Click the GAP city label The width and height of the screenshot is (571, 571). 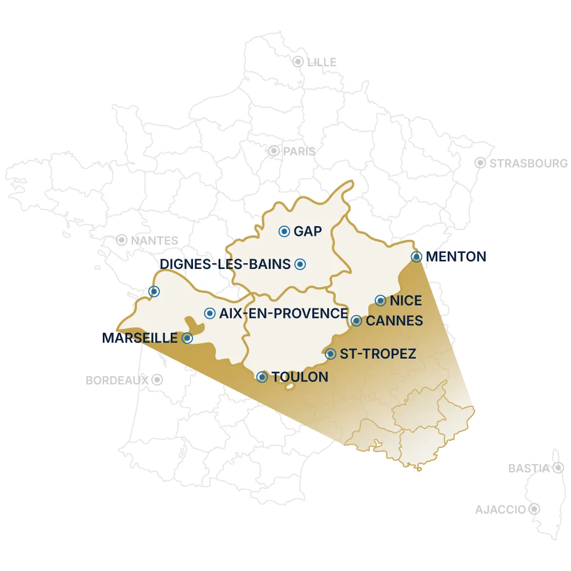308,231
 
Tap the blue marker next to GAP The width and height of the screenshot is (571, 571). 284,231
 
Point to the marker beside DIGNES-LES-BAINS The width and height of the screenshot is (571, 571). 300,264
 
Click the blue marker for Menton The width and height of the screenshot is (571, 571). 416,256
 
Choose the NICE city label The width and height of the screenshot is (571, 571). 405,300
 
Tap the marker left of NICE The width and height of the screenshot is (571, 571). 380,300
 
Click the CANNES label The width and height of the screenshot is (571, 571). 394,320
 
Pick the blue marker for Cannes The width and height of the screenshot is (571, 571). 356,320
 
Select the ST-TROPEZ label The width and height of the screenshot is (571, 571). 377,354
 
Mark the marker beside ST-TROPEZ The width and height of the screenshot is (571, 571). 330,354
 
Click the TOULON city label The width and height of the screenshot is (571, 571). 300,377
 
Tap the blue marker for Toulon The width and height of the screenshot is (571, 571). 262,377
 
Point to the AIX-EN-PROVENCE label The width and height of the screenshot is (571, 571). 283,313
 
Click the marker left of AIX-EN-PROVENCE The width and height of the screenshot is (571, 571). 210,313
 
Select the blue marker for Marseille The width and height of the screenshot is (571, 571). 187,338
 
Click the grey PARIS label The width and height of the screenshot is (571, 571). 299,151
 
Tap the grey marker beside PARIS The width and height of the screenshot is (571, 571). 274,151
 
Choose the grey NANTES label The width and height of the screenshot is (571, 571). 154,240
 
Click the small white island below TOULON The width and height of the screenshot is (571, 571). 289,387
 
